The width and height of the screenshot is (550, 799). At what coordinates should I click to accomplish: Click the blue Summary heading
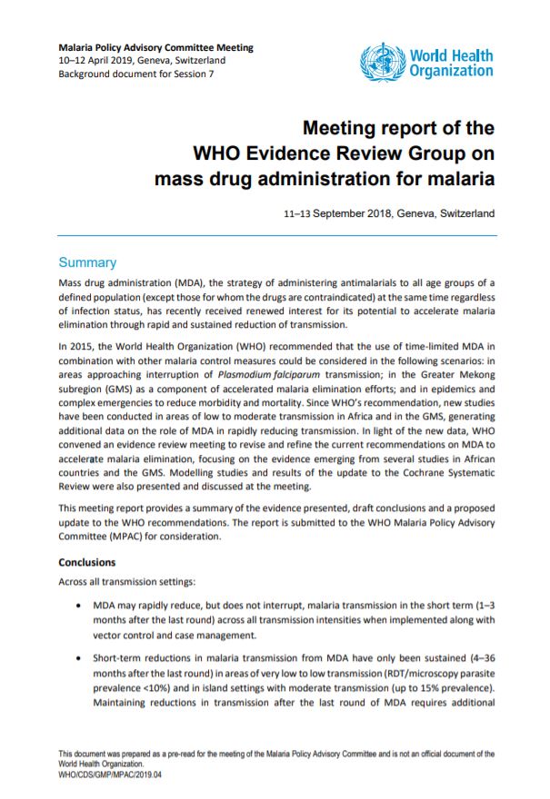coord(87,262)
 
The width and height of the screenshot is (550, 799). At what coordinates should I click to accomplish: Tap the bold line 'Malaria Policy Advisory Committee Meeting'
coord(155,47)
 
